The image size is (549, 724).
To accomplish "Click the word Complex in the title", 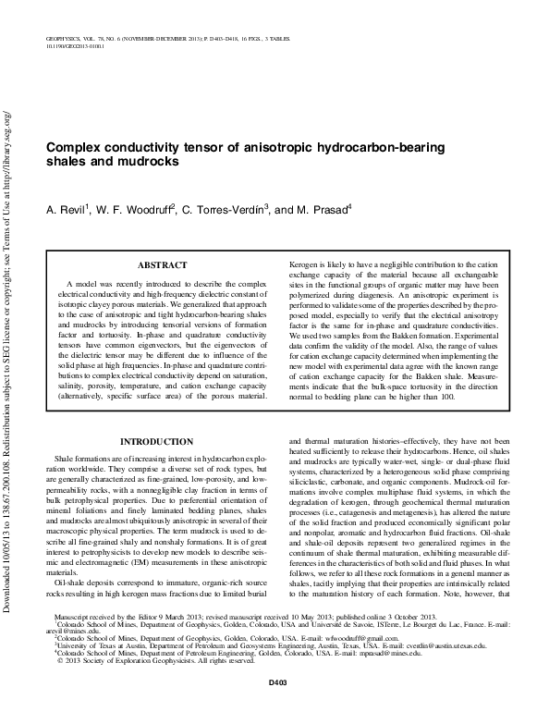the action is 76,147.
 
